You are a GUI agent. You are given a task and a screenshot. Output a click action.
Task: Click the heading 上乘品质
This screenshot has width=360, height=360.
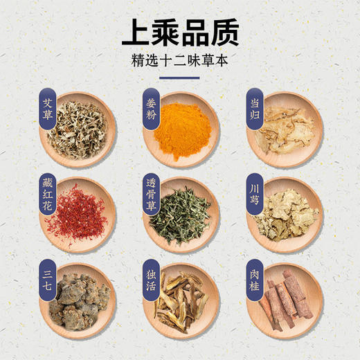click(179, 32)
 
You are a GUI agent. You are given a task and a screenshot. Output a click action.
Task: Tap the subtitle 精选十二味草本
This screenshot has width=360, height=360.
click(179, 60)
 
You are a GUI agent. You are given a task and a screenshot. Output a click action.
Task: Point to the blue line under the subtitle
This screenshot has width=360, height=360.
click(179, 78)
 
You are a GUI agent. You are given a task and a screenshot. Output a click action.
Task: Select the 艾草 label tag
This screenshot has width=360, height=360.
click(47, 109)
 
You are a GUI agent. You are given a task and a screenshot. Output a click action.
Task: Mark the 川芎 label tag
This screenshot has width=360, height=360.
click(254, 190)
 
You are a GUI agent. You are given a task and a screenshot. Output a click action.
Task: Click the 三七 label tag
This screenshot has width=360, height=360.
click(47, 277)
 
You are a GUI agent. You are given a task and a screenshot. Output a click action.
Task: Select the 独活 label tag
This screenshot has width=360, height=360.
click(149, 277)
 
